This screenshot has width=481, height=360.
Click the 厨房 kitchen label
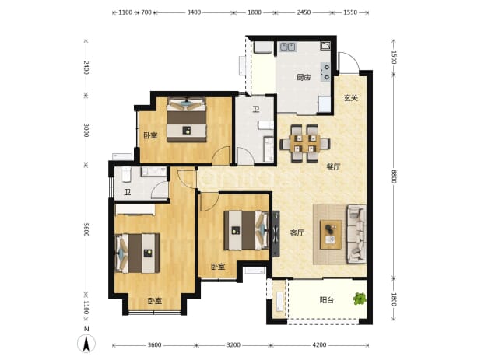coord(304,77)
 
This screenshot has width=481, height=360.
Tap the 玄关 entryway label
coord(350,98)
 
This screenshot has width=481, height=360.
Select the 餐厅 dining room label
coord(333,167)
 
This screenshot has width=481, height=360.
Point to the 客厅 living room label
coord(297,233)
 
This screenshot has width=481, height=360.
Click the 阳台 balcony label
coord(326,300)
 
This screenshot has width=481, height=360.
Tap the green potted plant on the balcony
coord(360,299)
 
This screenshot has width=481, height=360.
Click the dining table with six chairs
coord(305,143)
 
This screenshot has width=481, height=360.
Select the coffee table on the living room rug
coord(331,235)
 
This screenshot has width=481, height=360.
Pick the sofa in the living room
coord(356,234)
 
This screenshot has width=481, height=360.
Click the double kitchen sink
coord(288,47)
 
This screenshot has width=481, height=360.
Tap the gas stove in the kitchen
coord(325,72)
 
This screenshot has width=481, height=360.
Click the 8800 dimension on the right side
coord(394,177)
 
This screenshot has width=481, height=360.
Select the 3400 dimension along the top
coord(194,12)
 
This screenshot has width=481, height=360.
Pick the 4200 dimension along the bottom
coord(319,345)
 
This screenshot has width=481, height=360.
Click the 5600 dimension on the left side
coord(86,229)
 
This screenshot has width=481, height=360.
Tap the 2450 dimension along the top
coord(304,12)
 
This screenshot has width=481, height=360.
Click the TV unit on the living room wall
coord(276,233)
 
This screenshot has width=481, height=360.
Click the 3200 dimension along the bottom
coord(233,345)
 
